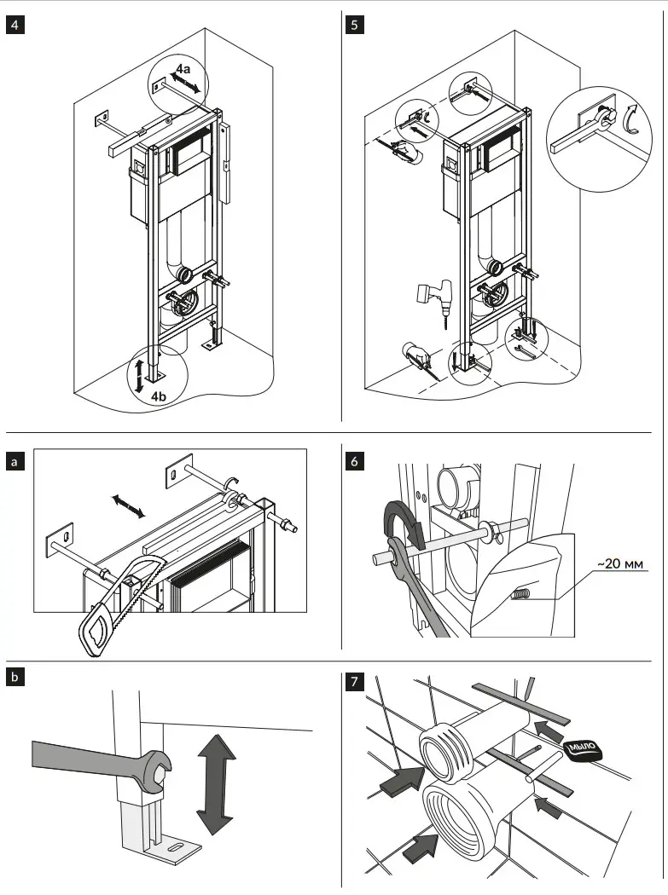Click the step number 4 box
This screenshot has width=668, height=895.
pyautogui.click(x=15, y=24)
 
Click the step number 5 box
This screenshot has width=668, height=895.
pyautogui.click(x=354, y=24)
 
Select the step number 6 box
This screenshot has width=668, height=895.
pyautogui.click(x=354, y=461)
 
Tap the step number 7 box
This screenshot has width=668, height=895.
pyautogui.click(x=354, y=682)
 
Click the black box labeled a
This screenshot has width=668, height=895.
pyautogui.click(x=15, y=461)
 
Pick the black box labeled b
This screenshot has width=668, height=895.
pyautogui.click(x=15, y=679)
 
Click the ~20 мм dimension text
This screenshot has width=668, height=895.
pyautogui.click(x=617, y=563)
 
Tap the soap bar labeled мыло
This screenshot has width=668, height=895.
pyautogui.click(x=584, y=748)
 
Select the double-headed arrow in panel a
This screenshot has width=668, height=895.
pyautogui.click(x=129, y=508)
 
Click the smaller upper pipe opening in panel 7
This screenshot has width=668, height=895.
pyautogui.click(x=444, y=751)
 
